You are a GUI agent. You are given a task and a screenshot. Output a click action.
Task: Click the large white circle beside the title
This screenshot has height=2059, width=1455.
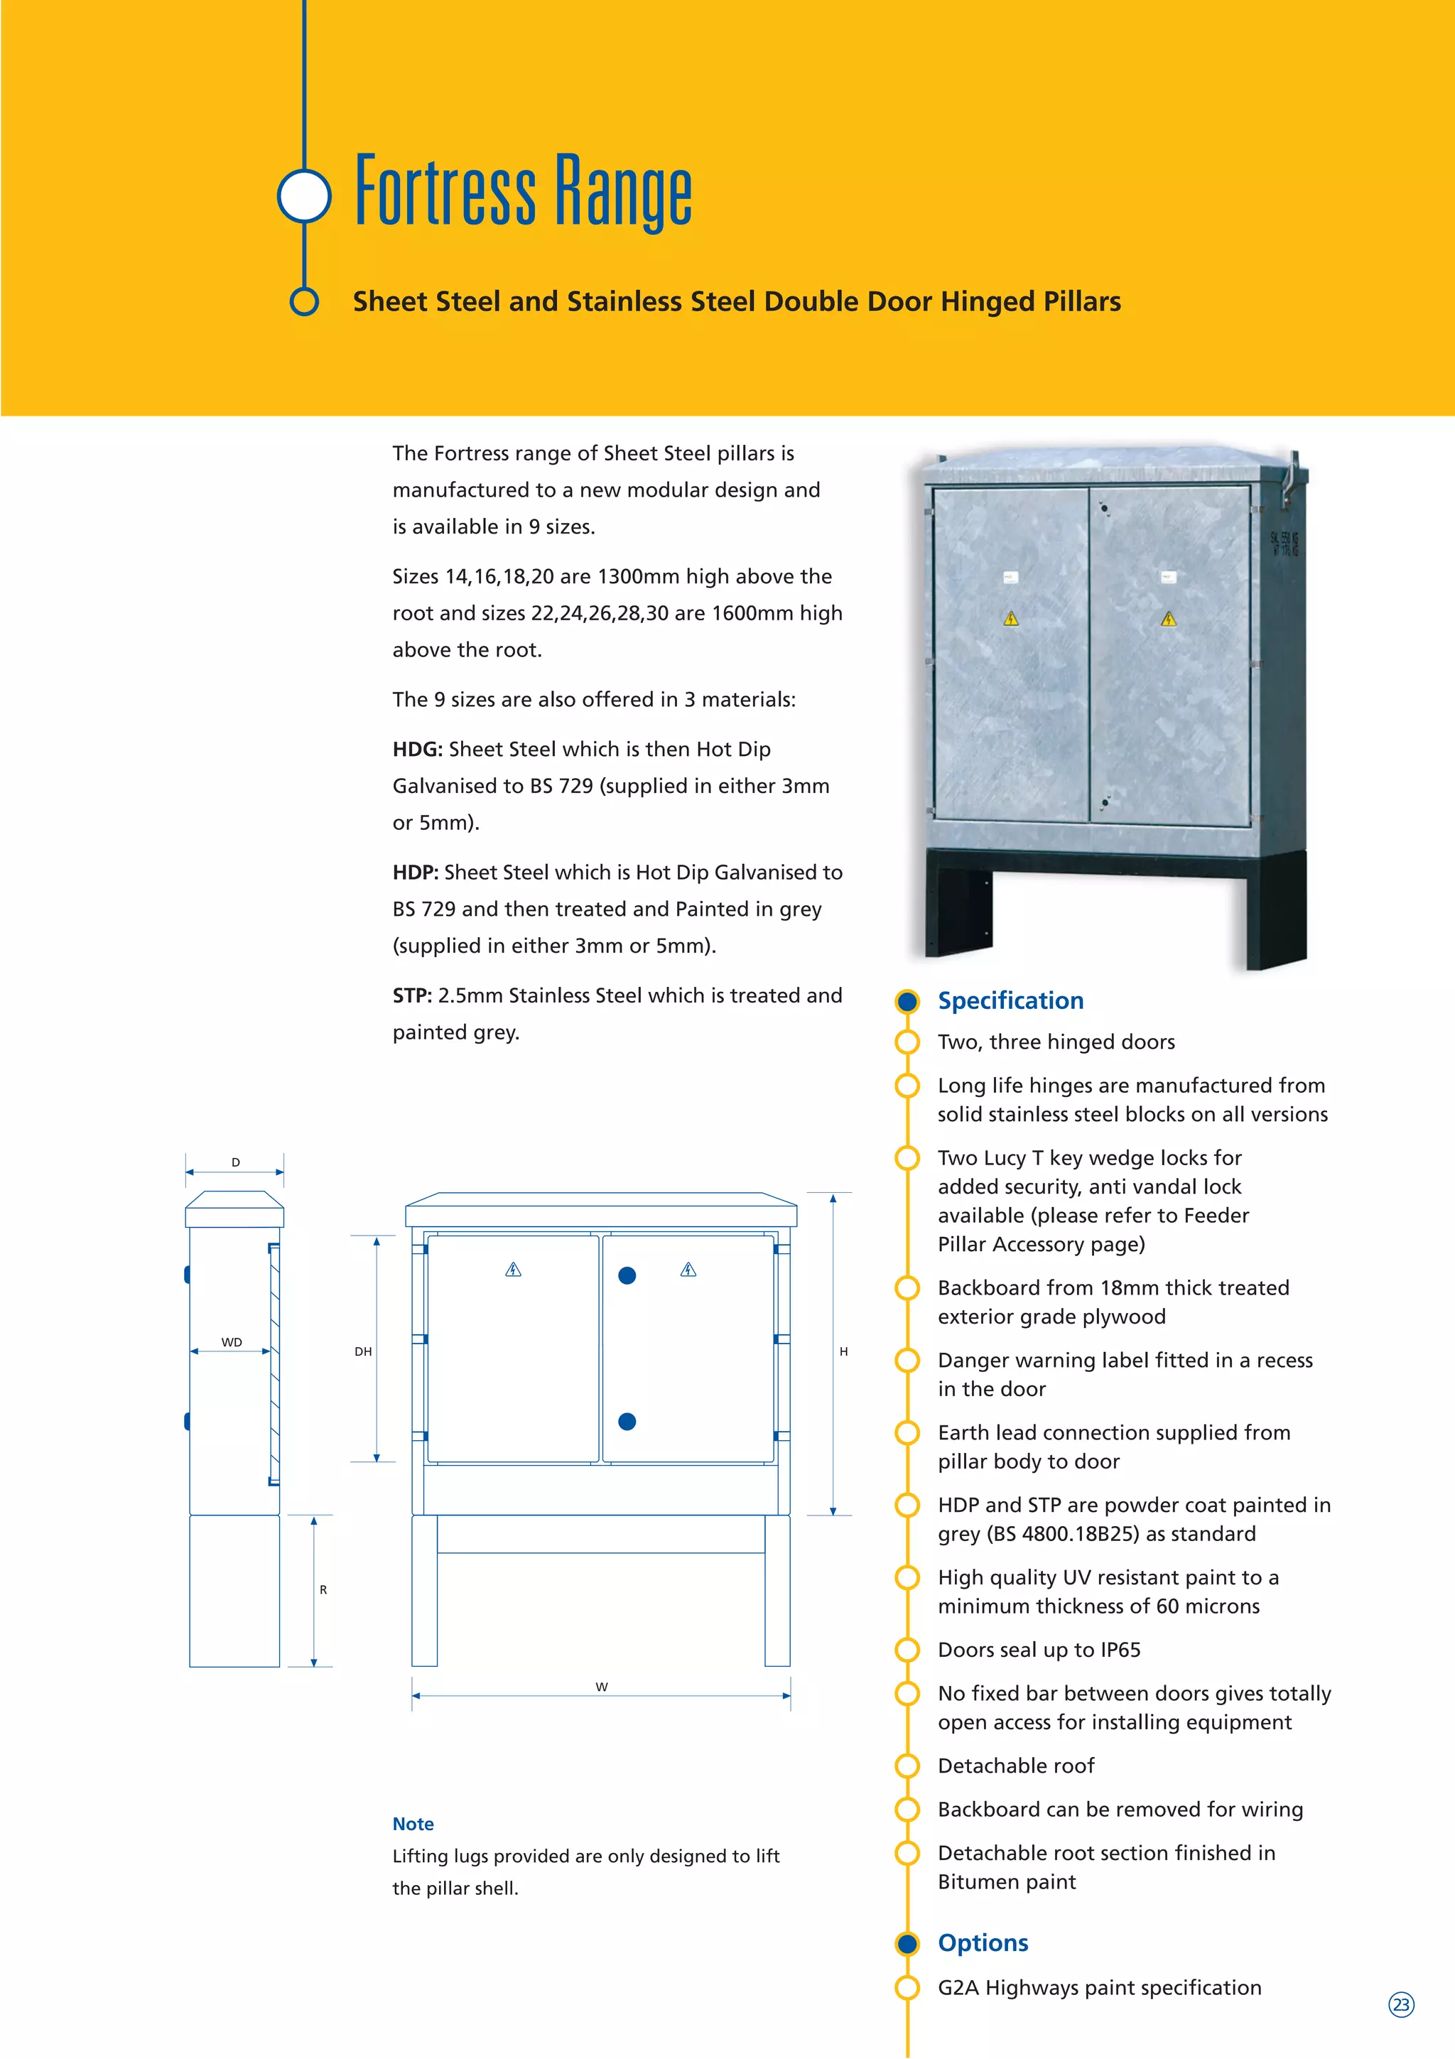[x=305, y=195]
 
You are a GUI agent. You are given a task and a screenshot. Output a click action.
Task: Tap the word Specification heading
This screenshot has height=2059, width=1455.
[x=1010, y=1001]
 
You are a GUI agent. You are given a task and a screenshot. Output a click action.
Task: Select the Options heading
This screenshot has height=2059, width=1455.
[x=983, y=1942]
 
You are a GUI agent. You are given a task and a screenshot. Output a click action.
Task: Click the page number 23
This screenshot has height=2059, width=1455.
[x=1400, y=2004]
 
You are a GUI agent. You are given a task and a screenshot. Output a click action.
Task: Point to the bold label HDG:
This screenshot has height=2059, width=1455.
[x=417, y=749]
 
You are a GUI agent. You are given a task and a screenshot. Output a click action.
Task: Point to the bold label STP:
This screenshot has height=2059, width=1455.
[x=411, y=995]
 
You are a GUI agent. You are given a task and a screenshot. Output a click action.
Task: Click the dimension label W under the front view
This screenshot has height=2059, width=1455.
[x=602, y=1687]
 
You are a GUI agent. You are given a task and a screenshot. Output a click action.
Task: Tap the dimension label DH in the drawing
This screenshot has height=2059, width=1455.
[x=362, y=1351]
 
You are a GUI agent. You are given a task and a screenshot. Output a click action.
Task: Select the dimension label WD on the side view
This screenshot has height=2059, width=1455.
[x=232, y=1343]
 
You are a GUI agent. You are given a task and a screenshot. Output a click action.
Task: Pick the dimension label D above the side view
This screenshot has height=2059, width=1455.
[x=236, y=1162]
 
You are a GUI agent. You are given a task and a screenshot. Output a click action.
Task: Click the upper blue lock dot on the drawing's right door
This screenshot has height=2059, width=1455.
[x=627, y=1275]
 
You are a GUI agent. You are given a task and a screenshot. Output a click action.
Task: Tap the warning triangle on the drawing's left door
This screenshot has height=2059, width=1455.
[x=513, y=1269]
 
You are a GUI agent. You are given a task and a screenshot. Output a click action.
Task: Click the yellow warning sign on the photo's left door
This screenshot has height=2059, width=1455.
[x=1010, y=618]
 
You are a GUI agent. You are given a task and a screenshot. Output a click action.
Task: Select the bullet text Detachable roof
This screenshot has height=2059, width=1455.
[x=1016, y=1766]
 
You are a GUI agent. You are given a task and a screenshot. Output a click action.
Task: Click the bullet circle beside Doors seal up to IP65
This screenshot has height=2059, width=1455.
[x=907, y=1650]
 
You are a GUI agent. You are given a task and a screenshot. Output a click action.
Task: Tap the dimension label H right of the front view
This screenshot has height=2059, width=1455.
[x=843, y=1351]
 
